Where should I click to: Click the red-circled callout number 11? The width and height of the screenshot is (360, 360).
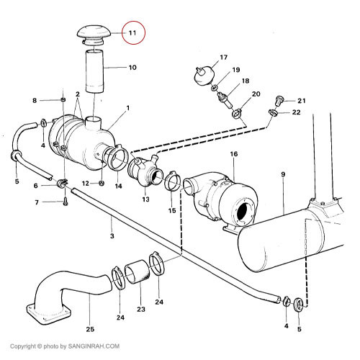[x=132, y=33]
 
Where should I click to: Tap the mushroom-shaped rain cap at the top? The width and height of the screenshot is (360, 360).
[x=94, y=35]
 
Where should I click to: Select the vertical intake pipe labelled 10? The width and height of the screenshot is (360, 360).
[x=95, y=71]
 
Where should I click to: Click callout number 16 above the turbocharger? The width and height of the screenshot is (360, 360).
[x=234, y=154]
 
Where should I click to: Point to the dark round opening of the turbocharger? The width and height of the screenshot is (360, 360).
[x=245, y=210]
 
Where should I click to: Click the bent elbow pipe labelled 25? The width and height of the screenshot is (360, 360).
[x=70, y=296]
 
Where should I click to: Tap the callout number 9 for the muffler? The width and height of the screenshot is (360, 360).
[x=283, y=174]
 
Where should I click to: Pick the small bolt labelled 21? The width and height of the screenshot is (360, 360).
[x=279, y=101]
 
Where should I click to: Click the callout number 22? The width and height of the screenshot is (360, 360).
[x=297, y=112]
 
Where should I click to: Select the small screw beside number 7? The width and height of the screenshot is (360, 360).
[x=66, y=202]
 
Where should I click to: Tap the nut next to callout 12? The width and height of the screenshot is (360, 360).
[x=102, y=184]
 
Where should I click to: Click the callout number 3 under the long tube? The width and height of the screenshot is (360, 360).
[x=112, y=236]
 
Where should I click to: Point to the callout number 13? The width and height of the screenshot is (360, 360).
[x=145, y=199]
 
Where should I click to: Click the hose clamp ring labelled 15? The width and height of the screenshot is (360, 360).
[x=172, y=181]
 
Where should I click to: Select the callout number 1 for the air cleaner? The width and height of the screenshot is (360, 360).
[x=128, y=108]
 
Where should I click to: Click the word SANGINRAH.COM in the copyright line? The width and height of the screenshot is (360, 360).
[x=94, y=346]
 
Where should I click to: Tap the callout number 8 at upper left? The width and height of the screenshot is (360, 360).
[x=35, y=101]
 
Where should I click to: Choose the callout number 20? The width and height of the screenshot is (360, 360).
[x=256, y=94]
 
